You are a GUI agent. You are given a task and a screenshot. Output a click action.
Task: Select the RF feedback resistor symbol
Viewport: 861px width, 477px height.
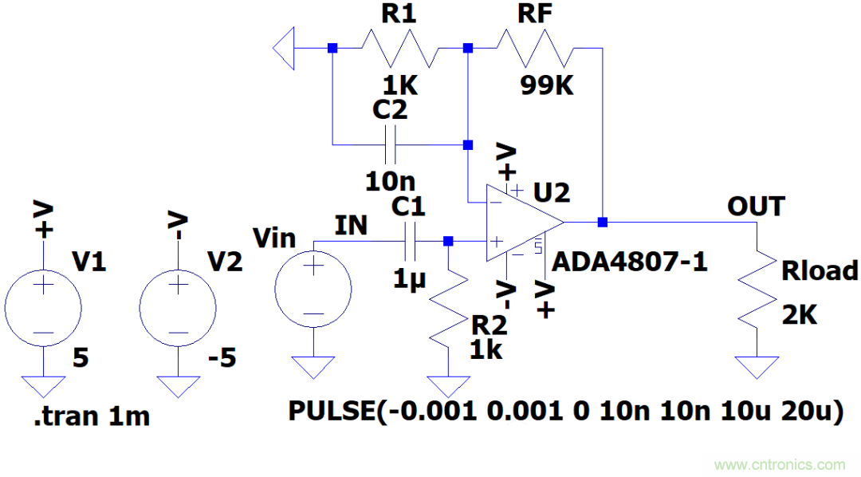pos(534,49)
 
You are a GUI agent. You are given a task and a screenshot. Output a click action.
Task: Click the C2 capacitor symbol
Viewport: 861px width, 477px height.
pos(391,144)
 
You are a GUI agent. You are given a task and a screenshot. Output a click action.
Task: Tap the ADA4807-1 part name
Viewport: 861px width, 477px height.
pos(630,262)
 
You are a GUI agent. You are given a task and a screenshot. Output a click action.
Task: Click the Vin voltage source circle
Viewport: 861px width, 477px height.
pos(313,290)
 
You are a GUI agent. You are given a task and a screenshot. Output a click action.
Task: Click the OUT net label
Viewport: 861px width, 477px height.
pos(755,207)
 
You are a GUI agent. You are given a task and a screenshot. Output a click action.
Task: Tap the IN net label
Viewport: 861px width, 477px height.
pos(351,226)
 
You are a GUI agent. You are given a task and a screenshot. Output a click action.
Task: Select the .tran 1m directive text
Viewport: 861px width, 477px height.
pos(92,416)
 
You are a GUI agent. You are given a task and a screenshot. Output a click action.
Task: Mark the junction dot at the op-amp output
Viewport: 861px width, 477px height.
pos(603,222)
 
